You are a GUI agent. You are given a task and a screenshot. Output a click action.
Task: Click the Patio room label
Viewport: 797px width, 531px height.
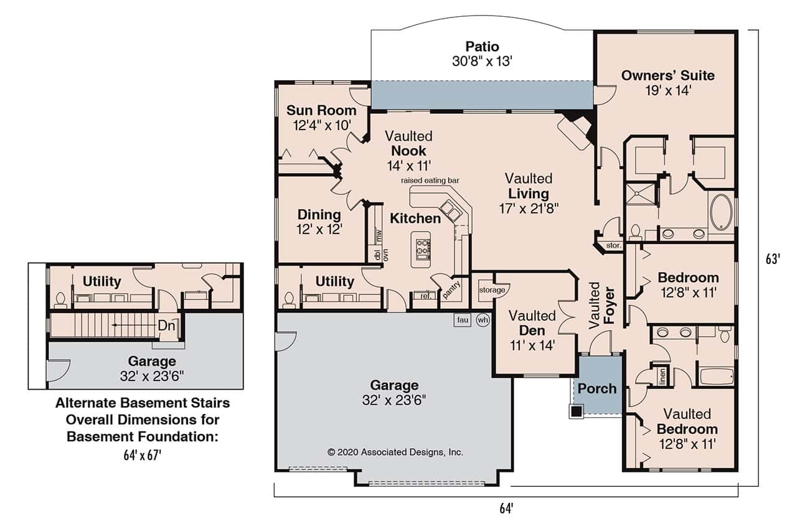pos(482,47)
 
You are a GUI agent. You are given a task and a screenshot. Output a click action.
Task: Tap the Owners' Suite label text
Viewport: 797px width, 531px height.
pos(667,76)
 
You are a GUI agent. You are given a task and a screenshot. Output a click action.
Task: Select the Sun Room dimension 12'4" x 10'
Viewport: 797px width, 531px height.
pos(321,125)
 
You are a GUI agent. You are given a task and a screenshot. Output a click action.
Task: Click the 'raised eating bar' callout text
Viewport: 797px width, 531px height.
pos(430,181)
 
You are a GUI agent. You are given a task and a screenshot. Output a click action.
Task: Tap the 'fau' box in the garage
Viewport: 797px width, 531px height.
pos(463,320)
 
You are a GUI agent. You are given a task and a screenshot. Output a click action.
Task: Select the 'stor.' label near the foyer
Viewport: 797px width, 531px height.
pos(614,246)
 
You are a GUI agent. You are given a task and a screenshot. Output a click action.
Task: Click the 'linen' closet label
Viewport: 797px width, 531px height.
pos(663,377)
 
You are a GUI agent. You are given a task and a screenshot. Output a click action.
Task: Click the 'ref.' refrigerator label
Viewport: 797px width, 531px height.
pos(427,296)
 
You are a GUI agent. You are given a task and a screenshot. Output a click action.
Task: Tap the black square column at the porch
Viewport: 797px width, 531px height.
pos(577,411)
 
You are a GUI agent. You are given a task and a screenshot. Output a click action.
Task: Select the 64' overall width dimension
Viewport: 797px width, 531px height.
pos(506,509)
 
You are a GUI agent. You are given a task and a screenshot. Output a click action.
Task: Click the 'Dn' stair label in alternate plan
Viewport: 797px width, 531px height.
pos(165,326)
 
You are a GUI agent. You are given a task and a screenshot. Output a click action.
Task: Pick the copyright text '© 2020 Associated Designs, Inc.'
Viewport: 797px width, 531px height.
pos(395,453)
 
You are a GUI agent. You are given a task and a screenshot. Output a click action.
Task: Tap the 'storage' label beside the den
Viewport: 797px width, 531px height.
pos(491,290)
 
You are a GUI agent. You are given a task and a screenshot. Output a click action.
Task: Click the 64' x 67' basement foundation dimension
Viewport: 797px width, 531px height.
pos(143,455)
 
